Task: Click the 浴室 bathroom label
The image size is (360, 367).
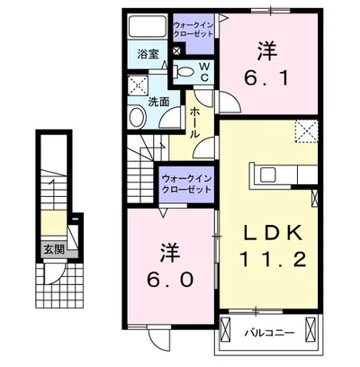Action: [x=148, y=54]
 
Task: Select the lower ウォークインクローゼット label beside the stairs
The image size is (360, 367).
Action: [x=186, y=185]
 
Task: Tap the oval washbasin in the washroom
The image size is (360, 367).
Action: [x=138, y=118]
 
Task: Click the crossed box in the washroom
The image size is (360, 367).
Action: [x=137, y=86]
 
